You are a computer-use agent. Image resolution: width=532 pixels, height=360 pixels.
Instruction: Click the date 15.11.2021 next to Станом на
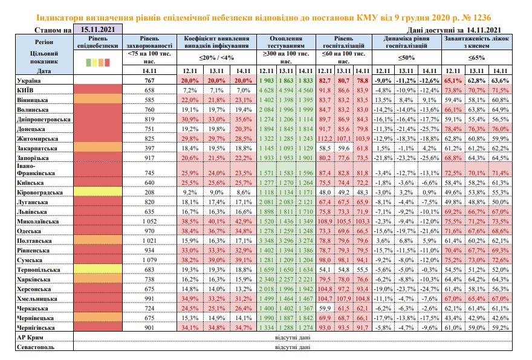click(x=98, y=30)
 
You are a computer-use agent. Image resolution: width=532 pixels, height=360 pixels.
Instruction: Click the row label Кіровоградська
click(x=40, y=193)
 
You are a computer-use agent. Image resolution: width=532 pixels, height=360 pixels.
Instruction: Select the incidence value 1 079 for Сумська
click(x=149, y=260)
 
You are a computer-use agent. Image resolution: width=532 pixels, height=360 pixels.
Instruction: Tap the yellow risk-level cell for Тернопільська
click(x=98, y=269)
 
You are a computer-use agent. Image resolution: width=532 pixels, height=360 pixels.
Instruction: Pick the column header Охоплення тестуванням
click(x=286, y=42)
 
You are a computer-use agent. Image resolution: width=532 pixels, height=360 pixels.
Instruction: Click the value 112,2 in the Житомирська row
click(x=325, y=139)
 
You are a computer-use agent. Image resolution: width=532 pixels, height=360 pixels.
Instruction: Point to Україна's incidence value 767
click(x=149, y=81)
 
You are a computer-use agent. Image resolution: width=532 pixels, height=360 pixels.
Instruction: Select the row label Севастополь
click(x=36, y=347)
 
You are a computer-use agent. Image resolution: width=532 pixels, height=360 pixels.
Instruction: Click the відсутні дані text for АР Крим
click(x=293, y=338)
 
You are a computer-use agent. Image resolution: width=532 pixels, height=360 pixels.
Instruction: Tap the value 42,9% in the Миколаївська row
click(x=243, y=221)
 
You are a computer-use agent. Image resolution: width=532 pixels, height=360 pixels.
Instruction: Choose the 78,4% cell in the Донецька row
click(x=453, y=129)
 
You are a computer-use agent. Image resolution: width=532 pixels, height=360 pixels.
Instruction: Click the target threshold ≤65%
click(x=477, y=57)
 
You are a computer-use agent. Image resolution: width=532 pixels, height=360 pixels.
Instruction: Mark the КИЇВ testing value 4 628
click(x=267, y=91)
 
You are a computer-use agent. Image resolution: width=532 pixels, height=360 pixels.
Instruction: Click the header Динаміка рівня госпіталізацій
click(x=406, y=42)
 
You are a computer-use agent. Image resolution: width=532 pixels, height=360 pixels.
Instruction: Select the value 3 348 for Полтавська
click(x=267, y=240)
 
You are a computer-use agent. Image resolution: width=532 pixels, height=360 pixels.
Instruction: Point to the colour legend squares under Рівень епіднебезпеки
click(x=98, y=62)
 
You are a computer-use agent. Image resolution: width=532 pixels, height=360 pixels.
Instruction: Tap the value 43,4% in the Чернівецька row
click(x=453, y=318)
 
